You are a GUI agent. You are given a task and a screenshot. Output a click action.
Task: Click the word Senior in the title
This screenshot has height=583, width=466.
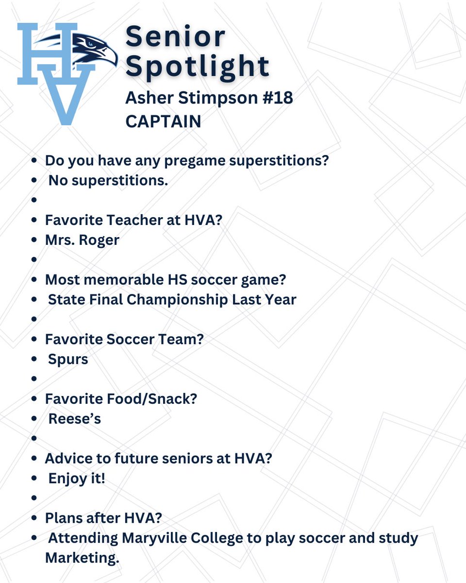click(175, 36)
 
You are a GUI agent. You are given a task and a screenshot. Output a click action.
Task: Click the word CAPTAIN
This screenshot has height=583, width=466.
click(163, 121)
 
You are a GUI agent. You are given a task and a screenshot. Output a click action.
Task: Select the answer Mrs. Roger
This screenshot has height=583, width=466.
click(82, 240)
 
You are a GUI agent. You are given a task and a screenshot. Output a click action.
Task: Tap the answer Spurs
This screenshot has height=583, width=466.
click(68, 360)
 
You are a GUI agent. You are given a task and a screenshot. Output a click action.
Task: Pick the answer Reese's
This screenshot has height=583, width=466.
click(74, 419)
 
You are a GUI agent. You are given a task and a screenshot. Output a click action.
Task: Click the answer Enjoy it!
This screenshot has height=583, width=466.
click(77, 479)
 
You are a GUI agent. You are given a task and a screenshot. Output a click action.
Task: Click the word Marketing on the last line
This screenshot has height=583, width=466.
click(82, 558)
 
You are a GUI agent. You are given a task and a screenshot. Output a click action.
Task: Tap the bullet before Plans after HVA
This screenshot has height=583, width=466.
click(34, 518)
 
